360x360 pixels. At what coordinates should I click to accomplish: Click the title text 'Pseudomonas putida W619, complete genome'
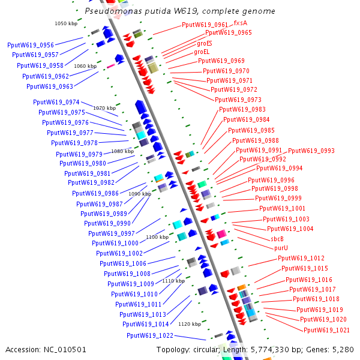click(x=179, y=11)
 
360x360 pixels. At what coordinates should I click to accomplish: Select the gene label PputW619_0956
click(x=31, y=45)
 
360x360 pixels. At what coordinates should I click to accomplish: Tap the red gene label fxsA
click(x=240, y=23)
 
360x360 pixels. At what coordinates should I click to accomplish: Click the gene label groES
click(x=204, y=43)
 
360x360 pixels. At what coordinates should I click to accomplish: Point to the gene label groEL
click(x=202, y=52)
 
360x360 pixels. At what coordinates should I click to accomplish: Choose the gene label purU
click(x=281, y=248)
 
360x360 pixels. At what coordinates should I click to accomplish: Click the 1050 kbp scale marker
click(x=65, y=23)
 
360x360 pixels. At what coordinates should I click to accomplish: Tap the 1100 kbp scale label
click(x=157, y=238)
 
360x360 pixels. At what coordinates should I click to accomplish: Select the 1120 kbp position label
click(x=190, y=324)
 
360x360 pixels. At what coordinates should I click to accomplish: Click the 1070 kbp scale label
click(x=104, y=108)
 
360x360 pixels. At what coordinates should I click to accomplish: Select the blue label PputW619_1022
click(x=150, y=335)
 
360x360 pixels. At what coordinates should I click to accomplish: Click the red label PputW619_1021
click(x=326, y=330)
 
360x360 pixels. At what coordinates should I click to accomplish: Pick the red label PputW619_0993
click(x=311, y=151)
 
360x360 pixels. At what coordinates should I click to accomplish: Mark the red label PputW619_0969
click(x=221, y=61)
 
